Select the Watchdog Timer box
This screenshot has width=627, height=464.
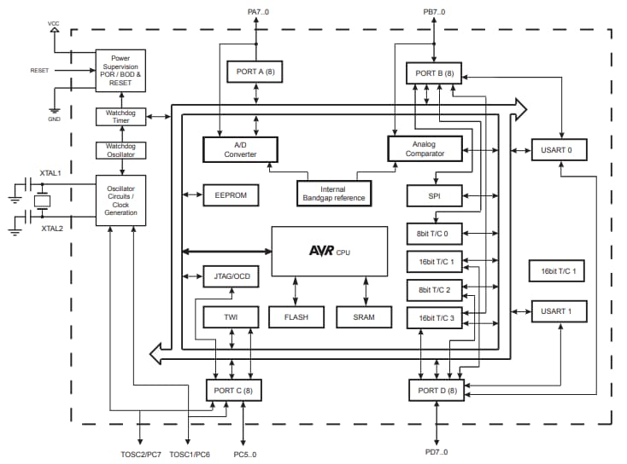coord(120,116)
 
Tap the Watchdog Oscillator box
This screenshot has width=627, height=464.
coord(120,149)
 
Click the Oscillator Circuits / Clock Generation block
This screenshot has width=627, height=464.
coord(120,200)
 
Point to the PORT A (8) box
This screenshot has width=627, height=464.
coord(255,71)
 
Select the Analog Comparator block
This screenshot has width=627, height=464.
coord(424,149)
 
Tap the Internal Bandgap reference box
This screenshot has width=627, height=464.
coord(334,194)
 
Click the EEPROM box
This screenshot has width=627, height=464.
coord(226,195)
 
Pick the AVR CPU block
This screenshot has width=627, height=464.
coord(330,251)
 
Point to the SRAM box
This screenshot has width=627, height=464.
coord(363,316)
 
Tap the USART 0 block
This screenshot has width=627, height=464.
coord(559,150)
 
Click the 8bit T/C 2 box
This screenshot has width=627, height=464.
coord(434,290)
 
